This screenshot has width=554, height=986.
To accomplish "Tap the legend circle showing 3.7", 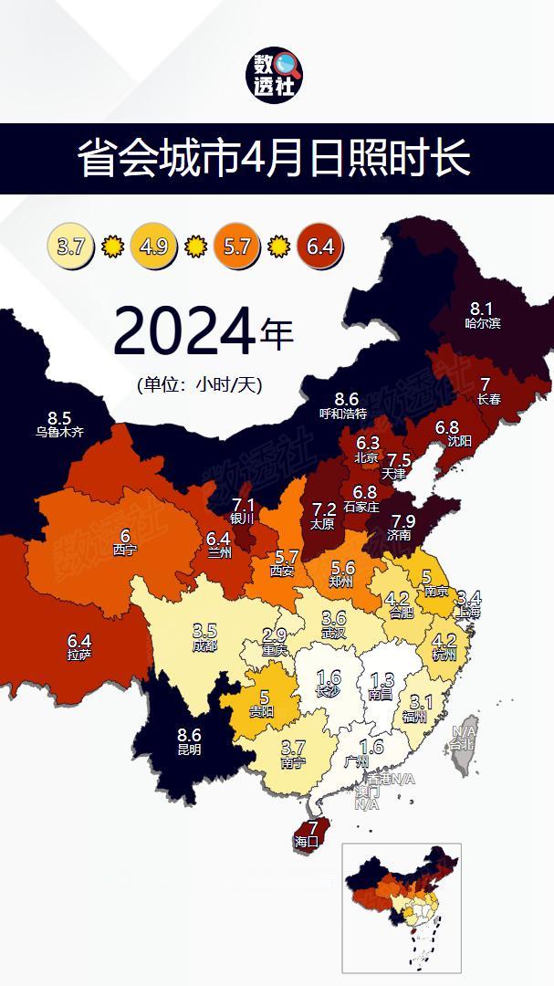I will pos(71,246).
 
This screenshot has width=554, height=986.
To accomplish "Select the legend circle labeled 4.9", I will pos(154,246).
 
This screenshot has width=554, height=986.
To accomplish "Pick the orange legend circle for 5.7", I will pos(236,246).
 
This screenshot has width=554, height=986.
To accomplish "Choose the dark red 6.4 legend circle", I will pos(319,246).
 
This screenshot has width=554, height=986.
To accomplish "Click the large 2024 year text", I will pos(183,333).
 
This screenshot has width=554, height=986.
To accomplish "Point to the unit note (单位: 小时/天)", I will pos(205,384).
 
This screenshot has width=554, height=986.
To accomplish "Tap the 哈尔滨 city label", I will pos(482,323).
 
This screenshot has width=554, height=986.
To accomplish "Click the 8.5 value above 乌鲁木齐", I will pos(59,418).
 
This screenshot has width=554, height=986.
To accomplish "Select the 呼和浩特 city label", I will pos(343,414).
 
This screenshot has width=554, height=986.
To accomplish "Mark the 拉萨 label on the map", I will pos(79,655).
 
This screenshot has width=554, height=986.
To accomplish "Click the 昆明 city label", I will pos(189,750).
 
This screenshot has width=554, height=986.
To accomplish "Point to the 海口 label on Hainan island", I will pos(306,841).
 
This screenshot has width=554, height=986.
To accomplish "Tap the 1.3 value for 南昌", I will pos(383,679).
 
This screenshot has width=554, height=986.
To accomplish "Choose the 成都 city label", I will pos(205,645).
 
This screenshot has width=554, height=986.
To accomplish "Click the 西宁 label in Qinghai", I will pos(125,551).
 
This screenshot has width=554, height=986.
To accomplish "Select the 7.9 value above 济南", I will pos(402,520).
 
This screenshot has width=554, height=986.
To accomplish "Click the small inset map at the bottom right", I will pos(401,907).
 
